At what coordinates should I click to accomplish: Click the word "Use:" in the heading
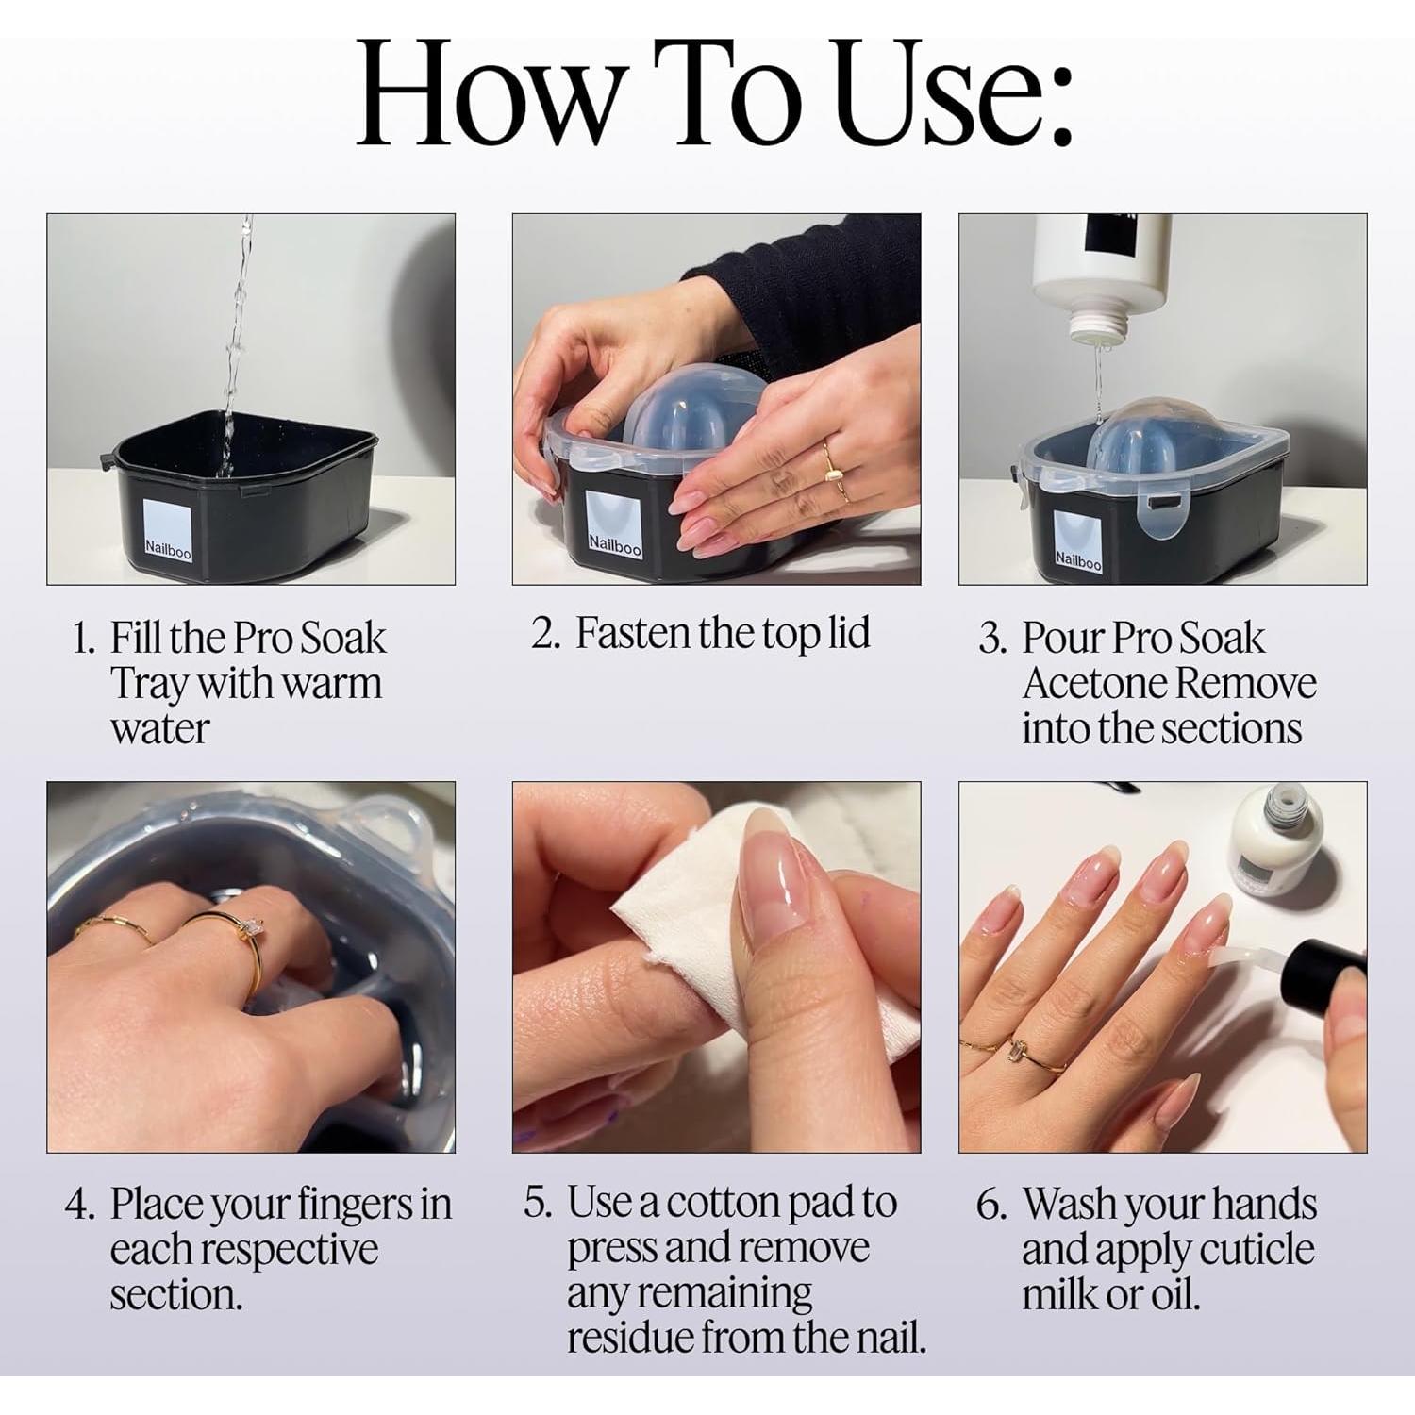954,92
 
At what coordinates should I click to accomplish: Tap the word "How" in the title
486,92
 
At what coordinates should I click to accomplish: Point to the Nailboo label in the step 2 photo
614,525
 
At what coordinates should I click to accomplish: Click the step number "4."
80,1205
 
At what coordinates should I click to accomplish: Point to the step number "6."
992,1205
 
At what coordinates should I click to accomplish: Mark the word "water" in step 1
159,729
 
